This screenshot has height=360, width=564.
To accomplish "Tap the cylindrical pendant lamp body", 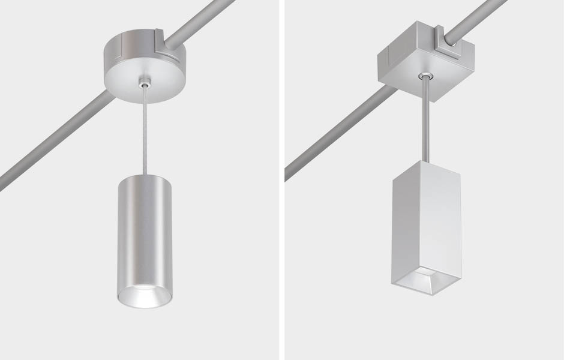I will pyautogui.click(x=145, y=234).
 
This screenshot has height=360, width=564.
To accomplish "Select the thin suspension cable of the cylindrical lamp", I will pyautogui.click(x=144, y=132).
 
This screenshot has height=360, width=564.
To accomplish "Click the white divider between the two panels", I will pyautogui.click(x=281, y=180).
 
